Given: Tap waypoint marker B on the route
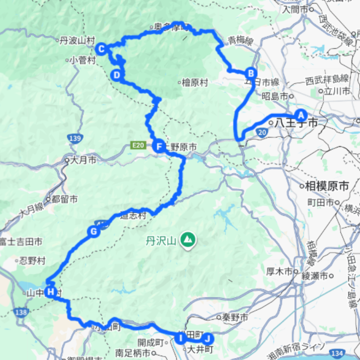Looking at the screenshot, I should [251, 73].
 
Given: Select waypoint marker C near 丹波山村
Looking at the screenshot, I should [101, 49].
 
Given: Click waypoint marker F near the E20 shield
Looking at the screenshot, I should [158, 146].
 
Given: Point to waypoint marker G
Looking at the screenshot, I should [94, 231].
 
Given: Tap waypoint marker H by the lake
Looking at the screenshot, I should [51, 292].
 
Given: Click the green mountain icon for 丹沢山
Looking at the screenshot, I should [188, 240].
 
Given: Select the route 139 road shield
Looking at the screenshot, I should [74, 138].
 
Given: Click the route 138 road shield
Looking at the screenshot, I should [21, 312].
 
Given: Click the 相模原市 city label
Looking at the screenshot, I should [327, 186].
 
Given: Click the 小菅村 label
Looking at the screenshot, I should [83, 60].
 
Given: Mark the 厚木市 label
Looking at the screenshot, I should [279, 271].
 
